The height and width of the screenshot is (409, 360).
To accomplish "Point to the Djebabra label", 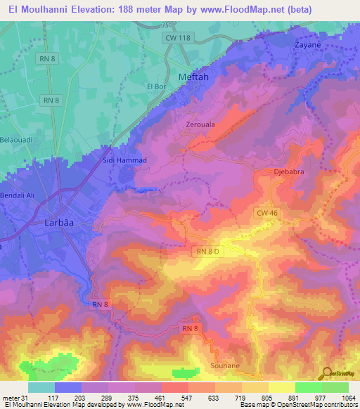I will [287, 171].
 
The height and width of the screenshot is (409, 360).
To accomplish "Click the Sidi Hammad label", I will [127, 161].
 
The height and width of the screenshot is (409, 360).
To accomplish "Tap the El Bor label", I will [155, 86].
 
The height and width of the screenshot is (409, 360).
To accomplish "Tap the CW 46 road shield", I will [266, 212].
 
